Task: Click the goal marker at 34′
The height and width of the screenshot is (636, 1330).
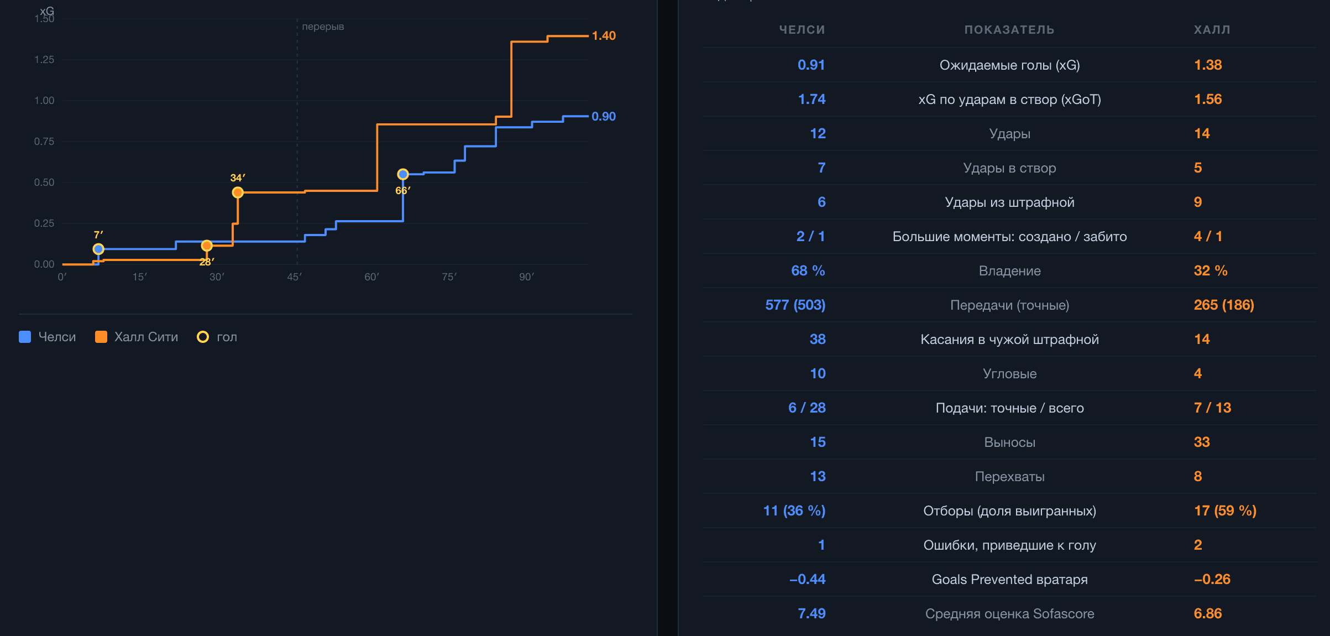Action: (x=238, y=192)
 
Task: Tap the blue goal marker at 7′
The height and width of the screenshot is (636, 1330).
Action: (x=98, y=249)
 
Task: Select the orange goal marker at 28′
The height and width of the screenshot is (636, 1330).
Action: (x=207, y=246)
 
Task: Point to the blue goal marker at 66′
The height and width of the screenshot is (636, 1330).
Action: (x=403, y=174)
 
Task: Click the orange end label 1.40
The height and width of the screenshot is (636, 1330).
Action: (x=604, y=36)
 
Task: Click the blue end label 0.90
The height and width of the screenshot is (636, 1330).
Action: (x=604, y=117)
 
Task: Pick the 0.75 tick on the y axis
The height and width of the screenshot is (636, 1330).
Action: (x=44, y=142)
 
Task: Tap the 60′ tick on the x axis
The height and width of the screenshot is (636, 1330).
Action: (x=371, y=277)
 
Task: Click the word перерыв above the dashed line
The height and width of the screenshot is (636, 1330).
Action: (x=323, y=27)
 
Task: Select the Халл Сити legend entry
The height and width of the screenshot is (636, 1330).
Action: (x=137, y=337)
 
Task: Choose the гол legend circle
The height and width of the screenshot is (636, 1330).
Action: (x=203, y=337)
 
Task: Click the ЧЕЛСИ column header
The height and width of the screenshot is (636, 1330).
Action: (x=802, y=30)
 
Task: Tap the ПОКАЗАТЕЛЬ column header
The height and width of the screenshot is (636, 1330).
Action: (x=1009, y=30)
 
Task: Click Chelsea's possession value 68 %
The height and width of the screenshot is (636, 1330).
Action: (x=808, y=270)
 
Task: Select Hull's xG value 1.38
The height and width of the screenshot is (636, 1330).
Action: (x=1208, y=65)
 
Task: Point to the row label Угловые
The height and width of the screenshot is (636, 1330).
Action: (x=1009, y=374)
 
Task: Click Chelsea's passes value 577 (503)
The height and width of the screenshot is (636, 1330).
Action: (x=795, y=305)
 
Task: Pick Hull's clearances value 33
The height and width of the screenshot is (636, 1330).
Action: (x=1202, y=442)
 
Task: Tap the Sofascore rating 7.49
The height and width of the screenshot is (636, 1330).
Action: (x=811, y=613)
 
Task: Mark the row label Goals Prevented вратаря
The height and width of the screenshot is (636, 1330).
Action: (x=1009, y=580)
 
